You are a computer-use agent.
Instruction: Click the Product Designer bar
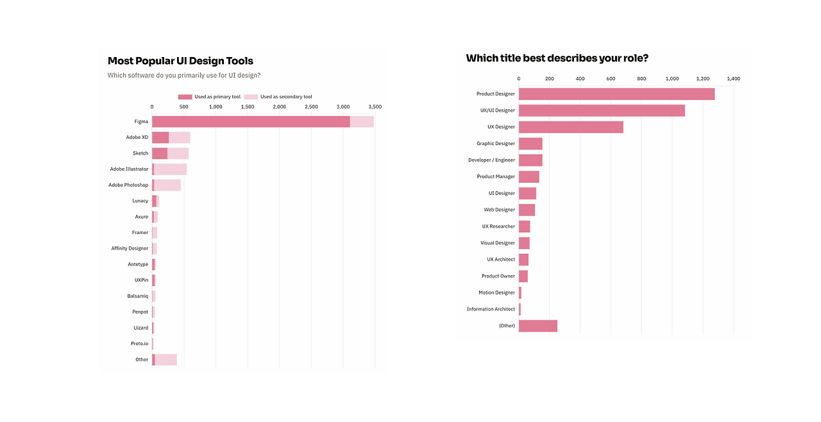(616, 94)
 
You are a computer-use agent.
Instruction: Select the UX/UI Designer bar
(602, 110)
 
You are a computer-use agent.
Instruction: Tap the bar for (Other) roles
(537, 326)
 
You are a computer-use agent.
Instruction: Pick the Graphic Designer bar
(530, 144)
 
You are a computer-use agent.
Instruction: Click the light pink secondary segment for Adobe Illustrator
(171, 169)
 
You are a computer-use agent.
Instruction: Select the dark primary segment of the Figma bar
(250, 121)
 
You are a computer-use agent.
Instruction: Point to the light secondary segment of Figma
(362, 121)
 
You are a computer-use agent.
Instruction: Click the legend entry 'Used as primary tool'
(209, 97)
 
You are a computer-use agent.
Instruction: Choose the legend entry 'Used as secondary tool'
(279, 97)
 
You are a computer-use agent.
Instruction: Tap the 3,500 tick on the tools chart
(375, 106)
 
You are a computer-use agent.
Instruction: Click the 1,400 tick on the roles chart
(733, 79)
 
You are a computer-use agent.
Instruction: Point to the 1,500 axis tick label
(248, 106)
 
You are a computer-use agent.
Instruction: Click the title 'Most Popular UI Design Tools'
(180, 61)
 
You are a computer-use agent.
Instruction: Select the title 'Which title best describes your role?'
(557, 58)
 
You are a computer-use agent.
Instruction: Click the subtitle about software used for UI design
(183, 75)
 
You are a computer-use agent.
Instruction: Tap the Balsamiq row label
(137, 296)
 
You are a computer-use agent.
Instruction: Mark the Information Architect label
(491, 309)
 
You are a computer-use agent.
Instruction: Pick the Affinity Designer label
(130, 248)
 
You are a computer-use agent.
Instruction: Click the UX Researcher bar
(524, 226)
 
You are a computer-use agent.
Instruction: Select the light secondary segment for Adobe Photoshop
(167, 185)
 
